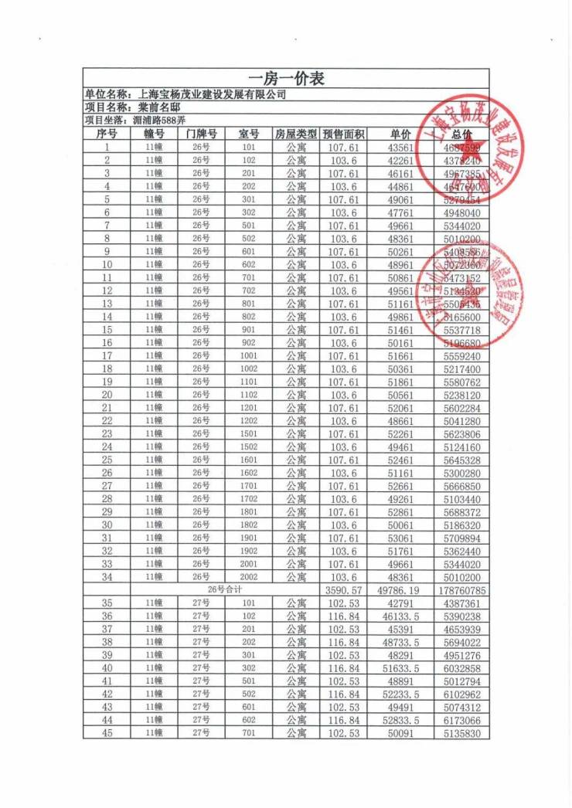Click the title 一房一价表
[x=286, y=79]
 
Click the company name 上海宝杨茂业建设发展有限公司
[x=210, y=95]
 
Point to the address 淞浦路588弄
[x=158, y=121]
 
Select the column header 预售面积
[x=342, y=134]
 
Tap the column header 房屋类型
[x=296, y=134]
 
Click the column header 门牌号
[x=201, y=134]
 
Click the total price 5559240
[x=463, y=356]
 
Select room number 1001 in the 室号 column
[x=248, y=356]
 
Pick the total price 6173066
[x=463, y=721]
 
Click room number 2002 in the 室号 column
[x=248, y=577]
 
